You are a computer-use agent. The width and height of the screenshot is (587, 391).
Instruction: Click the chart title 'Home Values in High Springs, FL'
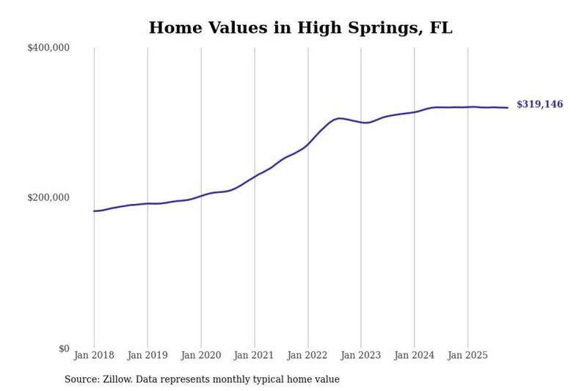(301, 28)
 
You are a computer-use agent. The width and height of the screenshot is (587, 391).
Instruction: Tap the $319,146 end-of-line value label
(539, 104)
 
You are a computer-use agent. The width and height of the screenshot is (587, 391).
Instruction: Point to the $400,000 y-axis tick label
(48, 48)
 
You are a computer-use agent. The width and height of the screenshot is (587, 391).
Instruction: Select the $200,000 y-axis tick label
(48, 197)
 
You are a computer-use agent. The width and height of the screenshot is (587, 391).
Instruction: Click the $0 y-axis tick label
(64, 348)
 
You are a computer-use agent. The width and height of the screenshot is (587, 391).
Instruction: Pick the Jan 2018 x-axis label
(94, 355)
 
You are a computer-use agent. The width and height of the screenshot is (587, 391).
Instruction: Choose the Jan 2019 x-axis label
(147, 355)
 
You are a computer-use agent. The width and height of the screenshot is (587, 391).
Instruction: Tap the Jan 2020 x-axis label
(201, 355)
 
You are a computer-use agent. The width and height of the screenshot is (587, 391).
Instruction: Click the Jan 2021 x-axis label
(254, 355)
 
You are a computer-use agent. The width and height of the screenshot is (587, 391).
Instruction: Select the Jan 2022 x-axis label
(307, 355)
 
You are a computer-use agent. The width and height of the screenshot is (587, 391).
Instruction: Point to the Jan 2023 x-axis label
(360, 355)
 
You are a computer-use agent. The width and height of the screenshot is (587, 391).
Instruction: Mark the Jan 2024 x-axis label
(414, 355)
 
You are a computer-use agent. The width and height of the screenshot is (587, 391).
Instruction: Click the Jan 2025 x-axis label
(467, 355)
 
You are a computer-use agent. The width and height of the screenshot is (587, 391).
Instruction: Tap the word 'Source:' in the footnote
(82, 379)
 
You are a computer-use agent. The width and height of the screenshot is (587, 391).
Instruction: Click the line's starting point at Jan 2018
(94, 211)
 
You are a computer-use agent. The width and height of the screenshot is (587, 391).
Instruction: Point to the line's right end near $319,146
(508, 108)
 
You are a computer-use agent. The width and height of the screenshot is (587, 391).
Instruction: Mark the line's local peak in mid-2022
(339, 118)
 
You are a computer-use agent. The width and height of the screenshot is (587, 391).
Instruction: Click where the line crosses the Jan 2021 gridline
(255, 176)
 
